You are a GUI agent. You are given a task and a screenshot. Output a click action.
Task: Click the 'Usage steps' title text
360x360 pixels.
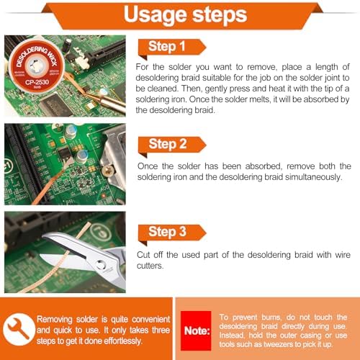point(185,15)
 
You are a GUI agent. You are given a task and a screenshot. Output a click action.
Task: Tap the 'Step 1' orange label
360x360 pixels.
point(172,48)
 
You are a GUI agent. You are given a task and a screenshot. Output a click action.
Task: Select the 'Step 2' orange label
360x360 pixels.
point(172,145)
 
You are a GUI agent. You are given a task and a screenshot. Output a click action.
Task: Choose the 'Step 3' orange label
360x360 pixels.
point(172,233)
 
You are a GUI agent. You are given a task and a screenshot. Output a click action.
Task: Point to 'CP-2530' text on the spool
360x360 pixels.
point(37,82)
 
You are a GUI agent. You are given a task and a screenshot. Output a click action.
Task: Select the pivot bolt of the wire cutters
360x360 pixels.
point(100,265)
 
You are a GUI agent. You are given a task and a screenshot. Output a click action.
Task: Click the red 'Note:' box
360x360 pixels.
point(196,330)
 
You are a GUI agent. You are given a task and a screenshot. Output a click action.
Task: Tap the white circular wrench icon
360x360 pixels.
point(19,329)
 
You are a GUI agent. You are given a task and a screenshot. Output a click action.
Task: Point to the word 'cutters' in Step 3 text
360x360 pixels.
point(150,266)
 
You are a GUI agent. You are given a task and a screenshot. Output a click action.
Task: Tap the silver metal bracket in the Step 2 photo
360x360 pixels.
point(113,156)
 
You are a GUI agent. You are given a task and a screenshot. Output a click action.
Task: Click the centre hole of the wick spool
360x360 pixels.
point(35,66)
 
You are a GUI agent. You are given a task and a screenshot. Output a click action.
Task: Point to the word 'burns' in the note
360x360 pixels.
point(271,318)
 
